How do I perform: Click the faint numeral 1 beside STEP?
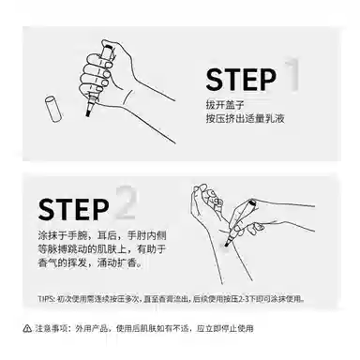[x=292, y=75]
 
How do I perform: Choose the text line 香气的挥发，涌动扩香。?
[x=90, y=263]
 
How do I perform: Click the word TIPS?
[x=49, y=299]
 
